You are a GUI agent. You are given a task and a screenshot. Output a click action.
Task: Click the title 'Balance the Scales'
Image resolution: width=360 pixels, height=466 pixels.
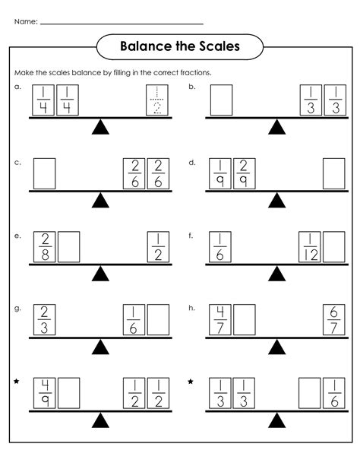(180, 47)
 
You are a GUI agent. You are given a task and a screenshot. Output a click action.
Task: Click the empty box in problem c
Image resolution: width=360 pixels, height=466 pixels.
(46, 173)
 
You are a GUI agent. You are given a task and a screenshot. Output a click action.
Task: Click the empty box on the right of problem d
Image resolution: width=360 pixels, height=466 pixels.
(333, 173)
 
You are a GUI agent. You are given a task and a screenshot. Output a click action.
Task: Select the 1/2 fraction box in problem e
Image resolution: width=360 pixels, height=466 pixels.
(157, 246)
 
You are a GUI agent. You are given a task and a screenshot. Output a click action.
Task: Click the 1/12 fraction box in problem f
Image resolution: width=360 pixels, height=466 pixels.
(311, 246)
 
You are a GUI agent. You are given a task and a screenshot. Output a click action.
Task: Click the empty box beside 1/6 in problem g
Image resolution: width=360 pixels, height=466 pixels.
(158, 320)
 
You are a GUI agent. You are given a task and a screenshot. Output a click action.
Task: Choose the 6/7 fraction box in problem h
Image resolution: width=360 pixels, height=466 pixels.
(333, 320)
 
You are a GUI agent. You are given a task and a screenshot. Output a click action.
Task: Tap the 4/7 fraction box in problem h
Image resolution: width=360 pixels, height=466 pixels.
(220, 320)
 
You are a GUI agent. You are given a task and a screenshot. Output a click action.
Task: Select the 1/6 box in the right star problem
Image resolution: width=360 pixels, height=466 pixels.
(333, 393)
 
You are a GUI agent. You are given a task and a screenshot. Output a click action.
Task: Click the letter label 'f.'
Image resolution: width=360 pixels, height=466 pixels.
(191, 236)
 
